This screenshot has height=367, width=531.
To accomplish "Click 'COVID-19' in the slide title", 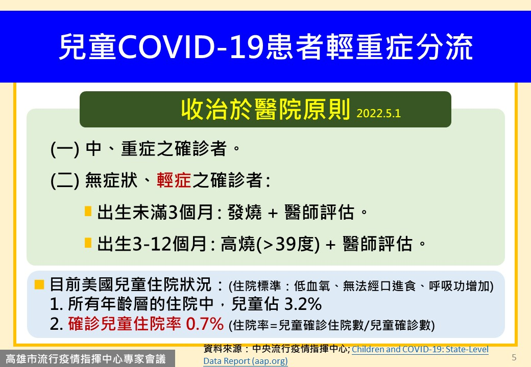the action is point(190,47).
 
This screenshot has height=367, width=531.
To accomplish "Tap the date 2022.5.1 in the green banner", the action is point(378,113).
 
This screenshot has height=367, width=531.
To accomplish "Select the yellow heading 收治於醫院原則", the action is point(265,110).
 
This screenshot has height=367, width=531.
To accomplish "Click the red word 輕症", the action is point(174,180).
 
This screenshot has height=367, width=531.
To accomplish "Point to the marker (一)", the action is point(65,149).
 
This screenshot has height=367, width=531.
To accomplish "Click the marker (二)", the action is point(65,180).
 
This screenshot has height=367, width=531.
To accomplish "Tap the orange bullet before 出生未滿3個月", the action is point(88,211).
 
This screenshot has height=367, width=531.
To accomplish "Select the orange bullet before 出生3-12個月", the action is point(88,243).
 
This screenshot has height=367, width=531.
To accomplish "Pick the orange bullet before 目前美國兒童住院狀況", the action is point(39,284).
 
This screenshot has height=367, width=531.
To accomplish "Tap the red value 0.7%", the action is point(205,324).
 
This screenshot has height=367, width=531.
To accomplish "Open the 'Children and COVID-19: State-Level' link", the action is point(420,349).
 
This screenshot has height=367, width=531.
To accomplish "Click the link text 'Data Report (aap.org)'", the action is point(246,361).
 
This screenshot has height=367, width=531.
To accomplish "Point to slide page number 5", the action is point(514,357).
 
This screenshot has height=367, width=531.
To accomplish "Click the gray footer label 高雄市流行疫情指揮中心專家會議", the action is point(86,359).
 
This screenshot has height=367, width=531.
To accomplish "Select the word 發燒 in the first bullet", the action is point(245,212).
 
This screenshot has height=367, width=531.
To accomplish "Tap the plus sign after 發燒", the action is point(273,213).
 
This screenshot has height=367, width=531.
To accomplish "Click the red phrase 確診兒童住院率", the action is point(124,324).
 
